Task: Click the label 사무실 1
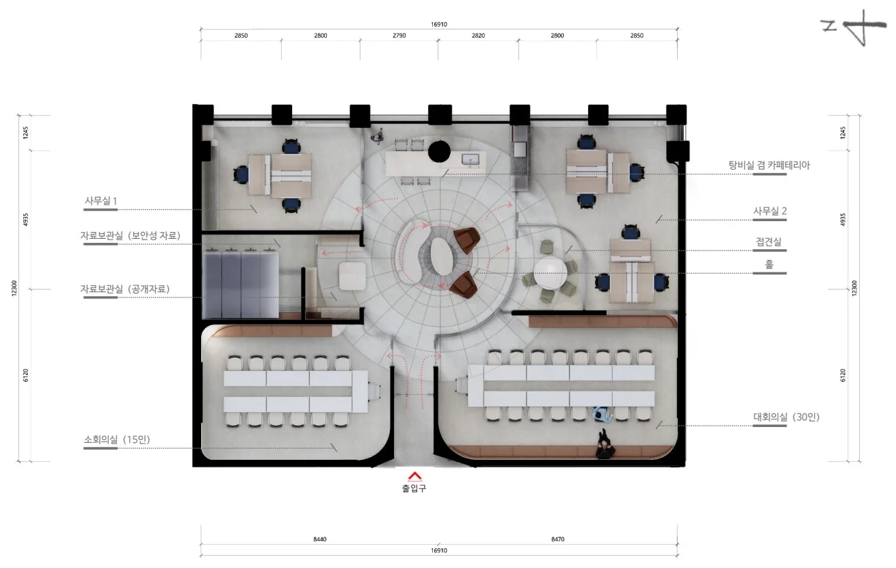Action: tap(101, 201)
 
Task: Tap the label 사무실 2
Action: tap(770, 211)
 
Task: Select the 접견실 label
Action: tap(768, 242)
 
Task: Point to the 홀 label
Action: tap(769, 264)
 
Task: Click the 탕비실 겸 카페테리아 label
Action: tap(769, 165)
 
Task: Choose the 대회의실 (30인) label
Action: tap(787, 417)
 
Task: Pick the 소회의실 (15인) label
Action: tap(117, 439)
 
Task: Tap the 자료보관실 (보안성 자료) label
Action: tap(131, 235)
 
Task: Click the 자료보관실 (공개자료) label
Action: tap(124, 289)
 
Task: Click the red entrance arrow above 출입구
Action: tap(414, 476)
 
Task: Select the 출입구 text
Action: tap(414, 489)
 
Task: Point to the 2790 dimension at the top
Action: tap(399, 36)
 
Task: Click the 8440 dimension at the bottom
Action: tap(320, 539)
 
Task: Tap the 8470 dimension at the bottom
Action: tap(558, 539)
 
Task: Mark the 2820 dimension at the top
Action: tap(478, 36)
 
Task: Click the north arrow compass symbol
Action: tap(854, 27)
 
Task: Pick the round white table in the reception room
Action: tap(551, 273)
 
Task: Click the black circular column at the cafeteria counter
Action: tap(439, 152)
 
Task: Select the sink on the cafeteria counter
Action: tap(471, 159)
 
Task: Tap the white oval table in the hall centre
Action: tap(442, 256)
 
